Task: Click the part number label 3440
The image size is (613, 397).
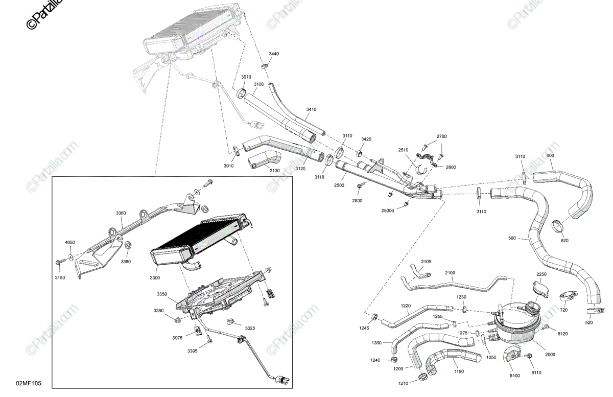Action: click(274, 54)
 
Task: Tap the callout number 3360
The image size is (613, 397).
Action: click(121, 213)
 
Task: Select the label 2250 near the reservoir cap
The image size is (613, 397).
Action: click(541, 274)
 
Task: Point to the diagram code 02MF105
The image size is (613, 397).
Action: click(29, 383)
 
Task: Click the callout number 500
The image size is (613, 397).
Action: click(512, 238)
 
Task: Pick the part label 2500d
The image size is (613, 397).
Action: click(387, 211)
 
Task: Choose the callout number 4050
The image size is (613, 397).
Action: click(69, 242)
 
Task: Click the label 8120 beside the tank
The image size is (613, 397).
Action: click(562, 334)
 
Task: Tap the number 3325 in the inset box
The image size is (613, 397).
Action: click(250, 328)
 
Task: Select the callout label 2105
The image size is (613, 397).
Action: click(426, 262)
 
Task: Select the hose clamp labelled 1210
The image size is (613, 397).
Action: click(423, 377)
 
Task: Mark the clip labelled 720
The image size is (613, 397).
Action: click(564, 297)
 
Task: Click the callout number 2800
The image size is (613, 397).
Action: click(357, 201)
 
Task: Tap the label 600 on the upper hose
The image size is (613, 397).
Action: click(550, 156)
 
